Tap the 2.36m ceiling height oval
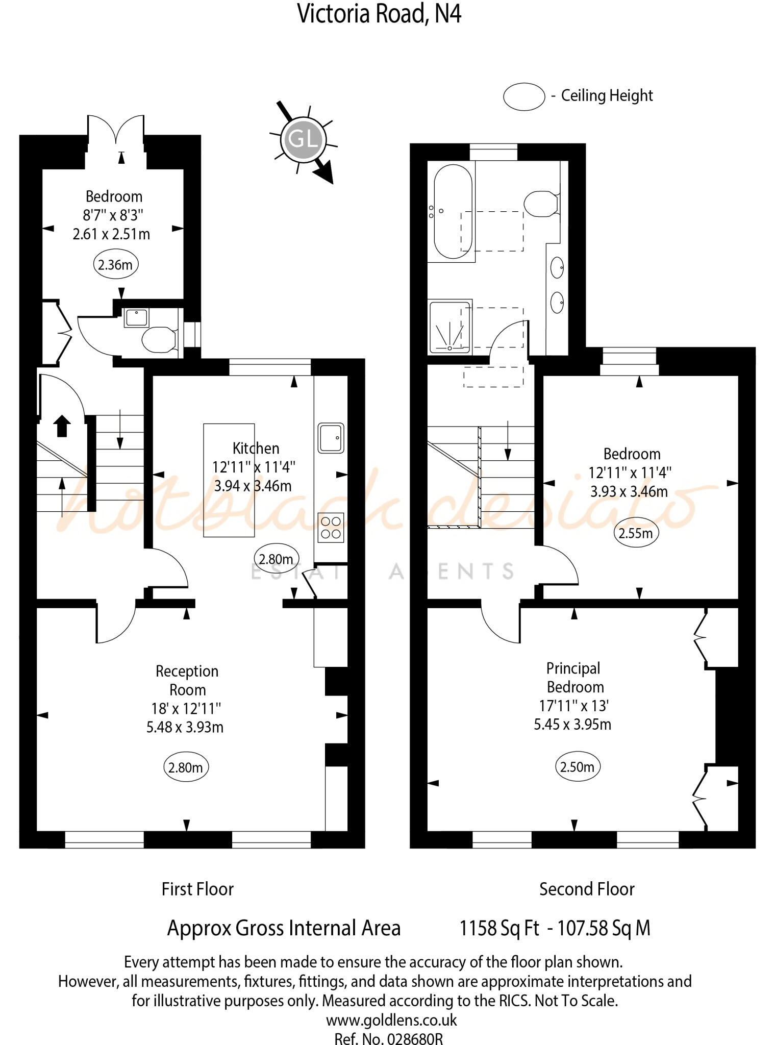[116, 265]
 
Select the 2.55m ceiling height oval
[636, 533]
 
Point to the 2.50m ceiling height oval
[578, 766]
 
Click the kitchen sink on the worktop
[331, 438]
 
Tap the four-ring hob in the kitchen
[331, 528]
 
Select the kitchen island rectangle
[229, 480]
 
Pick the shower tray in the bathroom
[449, 327]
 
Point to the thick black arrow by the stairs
[62, 426]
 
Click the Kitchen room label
[256, 449]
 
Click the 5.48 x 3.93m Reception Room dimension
[185, 727]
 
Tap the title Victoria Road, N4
[379, 14]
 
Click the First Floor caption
[197, 889]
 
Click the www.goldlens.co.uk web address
[391, 1020]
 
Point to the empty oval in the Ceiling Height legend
[524, 96]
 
